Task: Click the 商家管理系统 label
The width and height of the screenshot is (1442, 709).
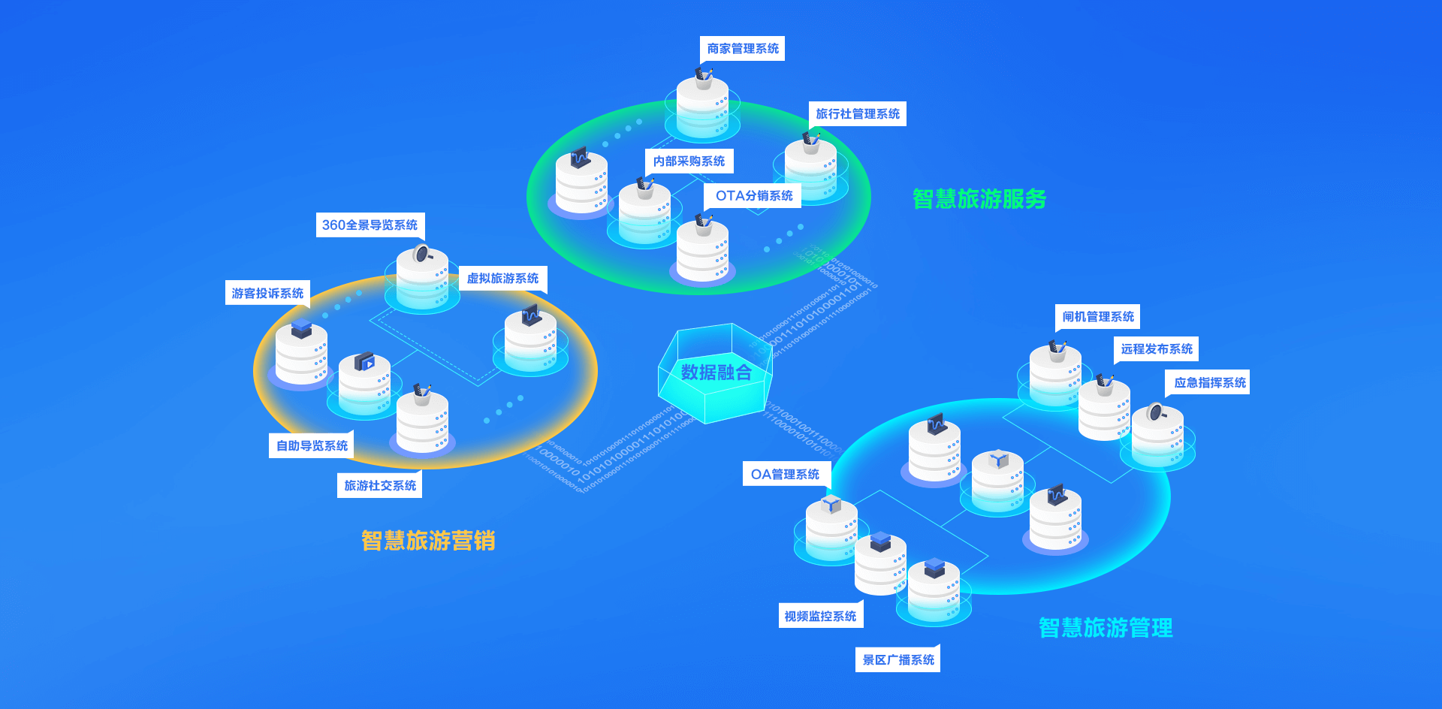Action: [742, 49]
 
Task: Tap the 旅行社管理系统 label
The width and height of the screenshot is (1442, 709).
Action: [857, 114]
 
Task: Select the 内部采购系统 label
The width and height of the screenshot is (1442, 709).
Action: [689, 161]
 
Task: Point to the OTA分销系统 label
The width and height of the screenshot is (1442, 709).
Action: [753, 196]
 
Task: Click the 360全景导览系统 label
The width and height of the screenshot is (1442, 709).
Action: [370, 225]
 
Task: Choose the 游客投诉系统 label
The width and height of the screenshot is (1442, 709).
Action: [267, 294]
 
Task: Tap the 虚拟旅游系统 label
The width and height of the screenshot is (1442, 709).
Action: [502, 279]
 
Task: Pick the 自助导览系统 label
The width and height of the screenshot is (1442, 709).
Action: [312, 446]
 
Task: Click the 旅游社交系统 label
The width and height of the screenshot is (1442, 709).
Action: [379, 486]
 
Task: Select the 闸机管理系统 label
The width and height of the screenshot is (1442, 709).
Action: [1097, 317]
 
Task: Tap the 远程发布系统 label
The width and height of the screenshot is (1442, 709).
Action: [1156, 349]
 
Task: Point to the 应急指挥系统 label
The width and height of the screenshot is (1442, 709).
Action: [1209, 383]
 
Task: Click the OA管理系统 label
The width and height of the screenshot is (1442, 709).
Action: [786, 475]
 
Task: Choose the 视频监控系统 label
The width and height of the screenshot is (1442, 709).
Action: [820, 617]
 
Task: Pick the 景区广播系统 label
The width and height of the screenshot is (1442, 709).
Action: [897, 660]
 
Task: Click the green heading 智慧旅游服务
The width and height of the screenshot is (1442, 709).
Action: [979, 199]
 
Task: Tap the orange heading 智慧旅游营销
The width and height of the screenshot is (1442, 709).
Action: [428, 541]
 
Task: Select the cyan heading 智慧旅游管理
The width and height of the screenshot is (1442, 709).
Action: [1106, 628]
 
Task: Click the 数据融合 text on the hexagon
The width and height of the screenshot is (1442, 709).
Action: [716, 373]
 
